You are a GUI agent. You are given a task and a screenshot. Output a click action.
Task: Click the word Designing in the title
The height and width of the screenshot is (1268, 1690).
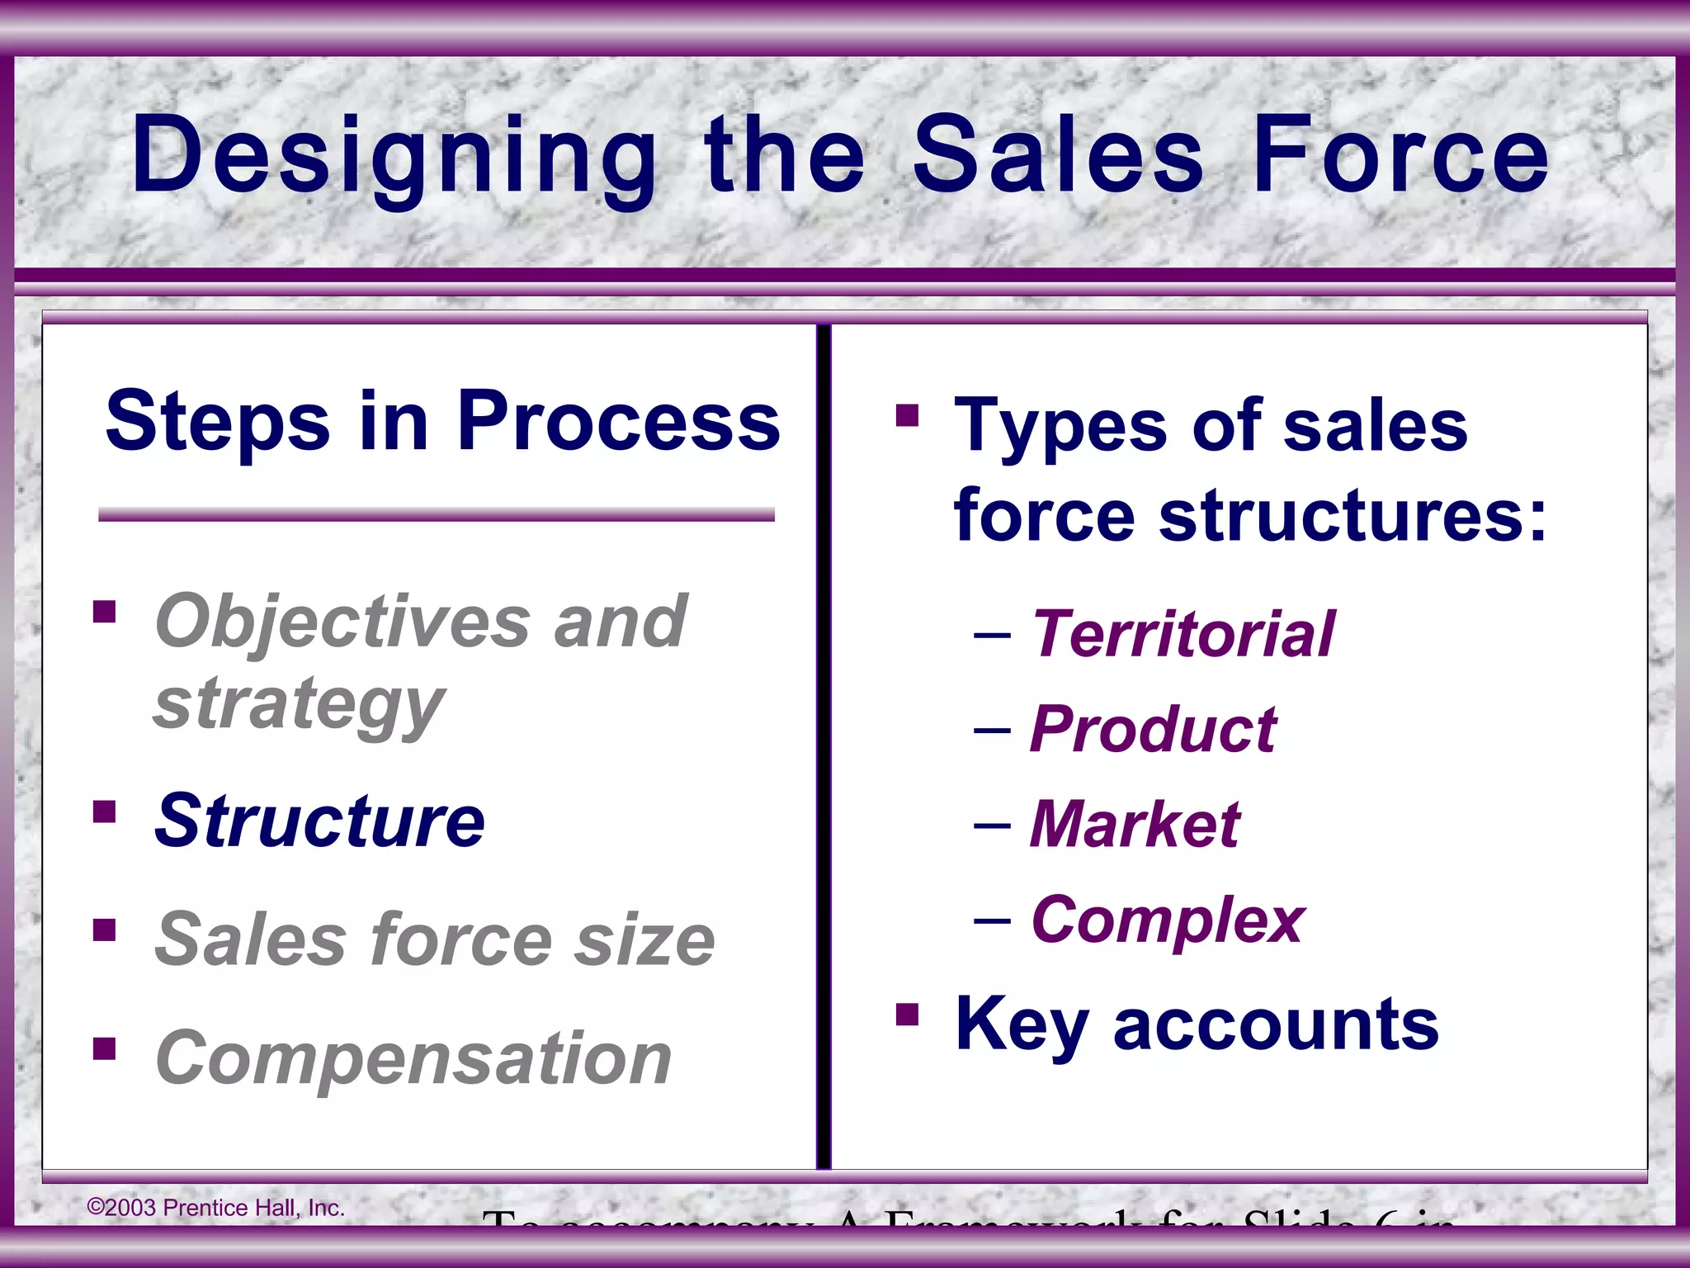pyautogui.click(x=394, y=157)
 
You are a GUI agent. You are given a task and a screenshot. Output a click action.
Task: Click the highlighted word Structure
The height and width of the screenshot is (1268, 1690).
pyautogui.click(x=320, y=821)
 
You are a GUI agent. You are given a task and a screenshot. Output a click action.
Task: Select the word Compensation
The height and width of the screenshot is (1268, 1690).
pyautogui.click(x=413, y=1058)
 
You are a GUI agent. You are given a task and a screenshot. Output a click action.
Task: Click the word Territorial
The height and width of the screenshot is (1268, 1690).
pyautogui.click(x=1183, y=634)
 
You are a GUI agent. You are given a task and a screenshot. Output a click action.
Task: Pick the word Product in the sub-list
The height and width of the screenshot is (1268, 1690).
pyautogui.click(x=1153, y=730)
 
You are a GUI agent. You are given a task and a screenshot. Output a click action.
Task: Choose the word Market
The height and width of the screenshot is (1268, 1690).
pyautogui.click(x=1135, y=825)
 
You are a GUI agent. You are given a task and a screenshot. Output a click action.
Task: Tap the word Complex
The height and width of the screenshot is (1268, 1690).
pyautogui.click(x=1168, y=920)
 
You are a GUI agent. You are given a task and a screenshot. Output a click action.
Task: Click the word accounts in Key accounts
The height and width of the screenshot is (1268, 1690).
pyautogui.click(x=1276, y=1024)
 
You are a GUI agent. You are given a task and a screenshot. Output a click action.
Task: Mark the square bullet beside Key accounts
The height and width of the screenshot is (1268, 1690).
pyautogui.click(x=907, y=1014)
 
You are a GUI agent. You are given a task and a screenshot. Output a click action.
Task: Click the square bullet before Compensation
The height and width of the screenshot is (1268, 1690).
pyautogui.click(x=105, y=1048)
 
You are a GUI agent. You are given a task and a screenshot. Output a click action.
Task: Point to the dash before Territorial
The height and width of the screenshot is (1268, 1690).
pyautogui.click(x=992, y=636)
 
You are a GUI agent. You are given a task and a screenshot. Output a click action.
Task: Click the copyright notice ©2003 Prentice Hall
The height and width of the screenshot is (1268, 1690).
pyautogui.click(x=216, y=1208)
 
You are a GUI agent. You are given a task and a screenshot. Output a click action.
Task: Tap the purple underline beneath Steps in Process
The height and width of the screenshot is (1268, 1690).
pyautogui.click(x=436, y=515)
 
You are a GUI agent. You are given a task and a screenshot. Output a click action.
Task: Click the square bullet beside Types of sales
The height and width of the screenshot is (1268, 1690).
pyautogui.click(x=907, y=415)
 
